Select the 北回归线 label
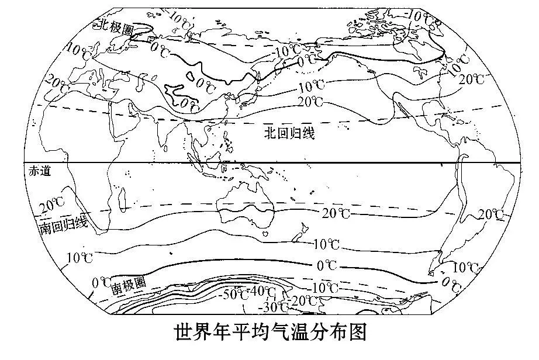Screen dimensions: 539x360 289,134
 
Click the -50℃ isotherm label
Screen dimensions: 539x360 233,294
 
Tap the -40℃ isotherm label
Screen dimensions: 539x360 261,290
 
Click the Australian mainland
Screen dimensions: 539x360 246,199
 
